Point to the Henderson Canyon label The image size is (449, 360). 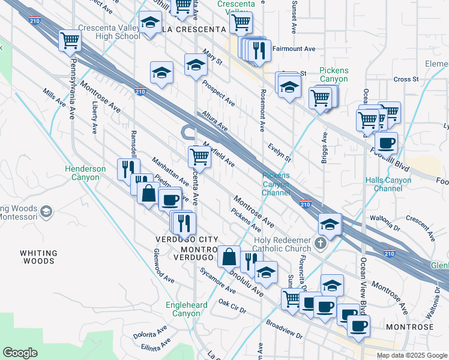click(x=85, y=173)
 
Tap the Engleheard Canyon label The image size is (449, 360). click(x=186, y=309)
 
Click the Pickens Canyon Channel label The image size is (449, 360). click(x=276, y=184)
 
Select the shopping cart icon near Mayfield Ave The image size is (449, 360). click(x=199, y=157)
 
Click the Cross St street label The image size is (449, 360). click(x=406, y=79)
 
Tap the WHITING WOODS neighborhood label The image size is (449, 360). click(x=38, y=257)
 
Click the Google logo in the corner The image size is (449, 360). click(x=20, y=353)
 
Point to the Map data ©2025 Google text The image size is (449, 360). click(x=412, y=355)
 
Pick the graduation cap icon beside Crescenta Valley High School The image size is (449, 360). click(x=149, y=24)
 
